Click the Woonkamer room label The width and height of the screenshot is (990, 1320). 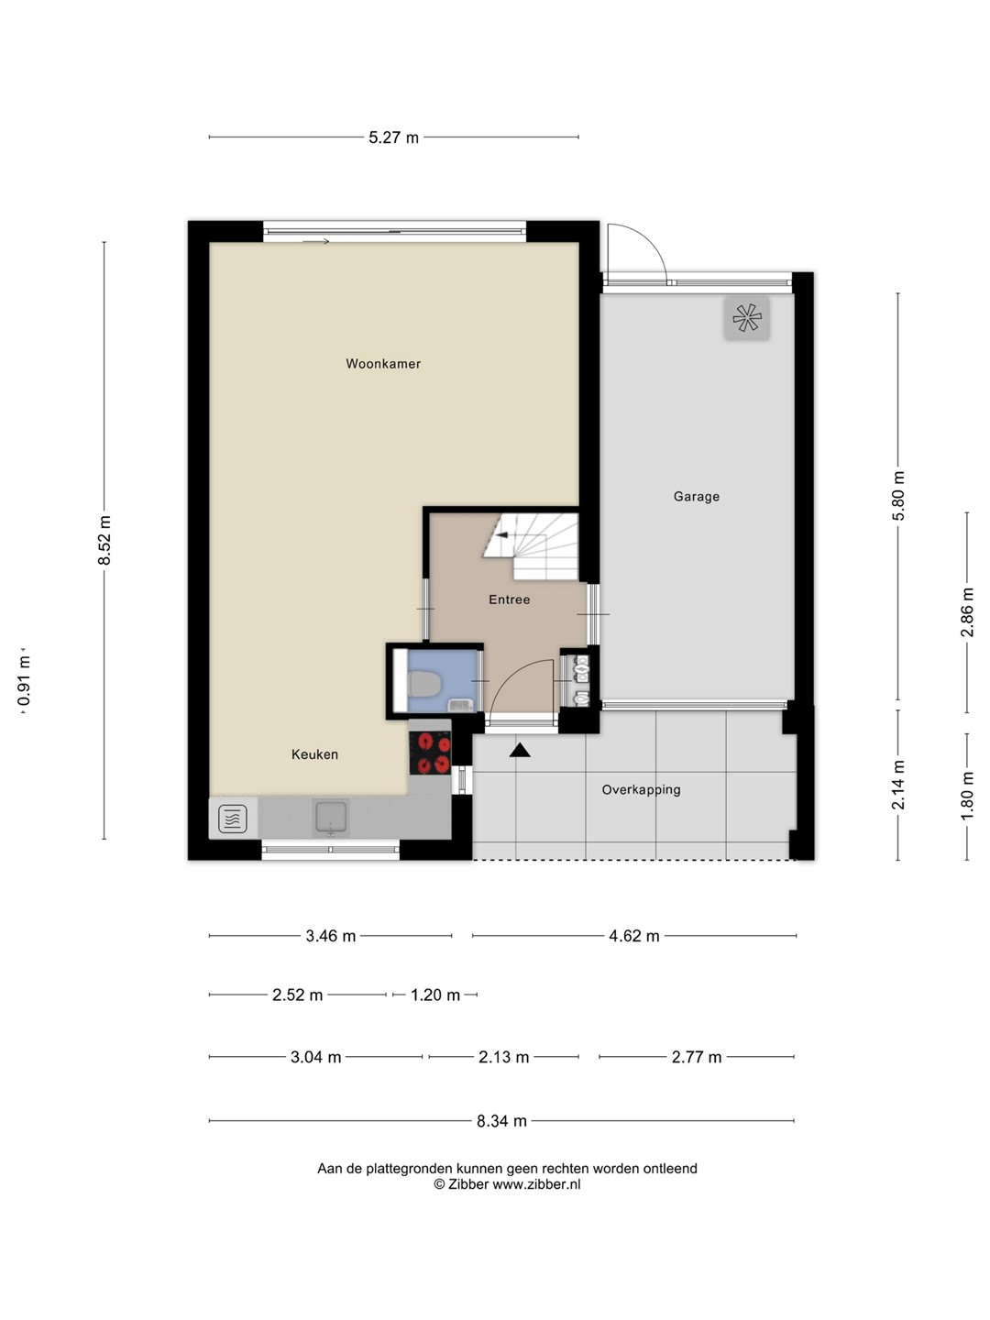click(383, 364)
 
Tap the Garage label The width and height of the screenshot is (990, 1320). click(696, 497)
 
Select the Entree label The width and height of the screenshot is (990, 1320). click(509, 599)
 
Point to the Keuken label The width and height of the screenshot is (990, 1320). click(314, 754)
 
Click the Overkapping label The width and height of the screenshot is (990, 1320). click(641, 789)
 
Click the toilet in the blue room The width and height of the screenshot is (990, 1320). click(425, 684)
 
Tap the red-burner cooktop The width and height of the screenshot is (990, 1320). click(430, 753)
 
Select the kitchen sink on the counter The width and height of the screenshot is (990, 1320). click(330, 818)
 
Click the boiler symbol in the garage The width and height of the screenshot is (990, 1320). click(746, 317)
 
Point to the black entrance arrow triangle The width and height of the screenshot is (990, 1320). click(520, 750)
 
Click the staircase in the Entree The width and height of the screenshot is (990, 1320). click(532, 546)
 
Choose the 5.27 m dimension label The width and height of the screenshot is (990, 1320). click(393, 137)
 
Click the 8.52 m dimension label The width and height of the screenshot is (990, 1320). click(104, 540)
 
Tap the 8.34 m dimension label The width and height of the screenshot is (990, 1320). click(501, 1121)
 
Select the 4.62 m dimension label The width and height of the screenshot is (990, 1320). click(633, 936)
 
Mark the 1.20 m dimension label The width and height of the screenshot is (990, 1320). click(435, 995)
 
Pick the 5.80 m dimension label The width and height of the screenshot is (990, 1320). click(898, 496)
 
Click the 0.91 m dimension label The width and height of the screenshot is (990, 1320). click(24, 681)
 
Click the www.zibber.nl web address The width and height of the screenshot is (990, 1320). click(536, 1184)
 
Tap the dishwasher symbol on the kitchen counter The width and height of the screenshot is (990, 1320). click(233, 819)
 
